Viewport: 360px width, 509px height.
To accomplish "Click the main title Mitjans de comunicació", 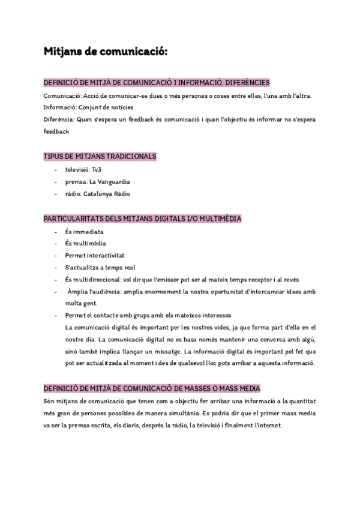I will (106, 53).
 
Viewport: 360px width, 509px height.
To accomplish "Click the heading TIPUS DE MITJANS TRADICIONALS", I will (100, 156).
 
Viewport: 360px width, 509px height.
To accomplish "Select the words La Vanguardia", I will (110, 182).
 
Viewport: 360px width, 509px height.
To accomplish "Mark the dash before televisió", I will (56, 170).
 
